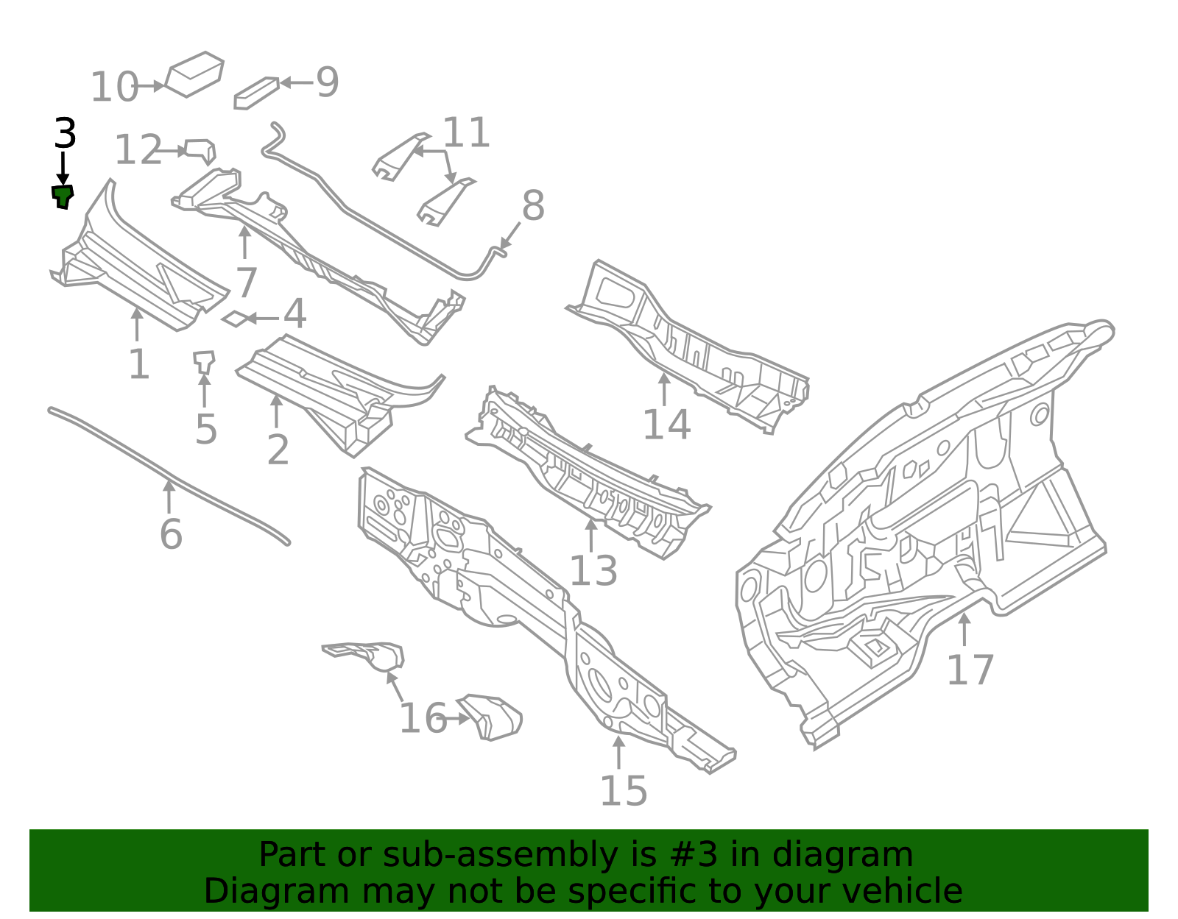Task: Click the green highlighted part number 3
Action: (63, 196)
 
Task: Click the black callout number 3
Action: (65, 134)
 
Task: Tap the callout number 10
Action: (113, 88)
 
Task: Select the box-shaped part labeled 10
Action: (194, 73)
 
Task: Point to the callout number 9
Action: (327, 82)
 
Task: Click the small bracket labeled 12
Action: (200, 151)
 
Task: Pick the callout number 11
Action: (466, 133)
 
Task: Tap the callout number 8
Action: (533, 206)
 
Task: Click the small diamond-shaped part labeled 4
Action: (233, 319)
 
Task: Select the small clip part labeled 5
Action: (204, 361)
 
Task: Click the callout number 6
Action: (171, 534)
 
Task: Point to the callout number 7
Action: (246, 283)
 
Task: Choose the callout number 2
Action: (278, 450)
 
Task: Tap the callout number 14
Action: (666, 425)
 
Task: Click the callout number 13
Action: (593, 571)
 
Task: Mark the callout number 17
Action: (970, 670)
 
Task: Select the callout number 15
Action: (624, 792)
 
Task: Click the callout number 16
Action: (423, 719)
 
